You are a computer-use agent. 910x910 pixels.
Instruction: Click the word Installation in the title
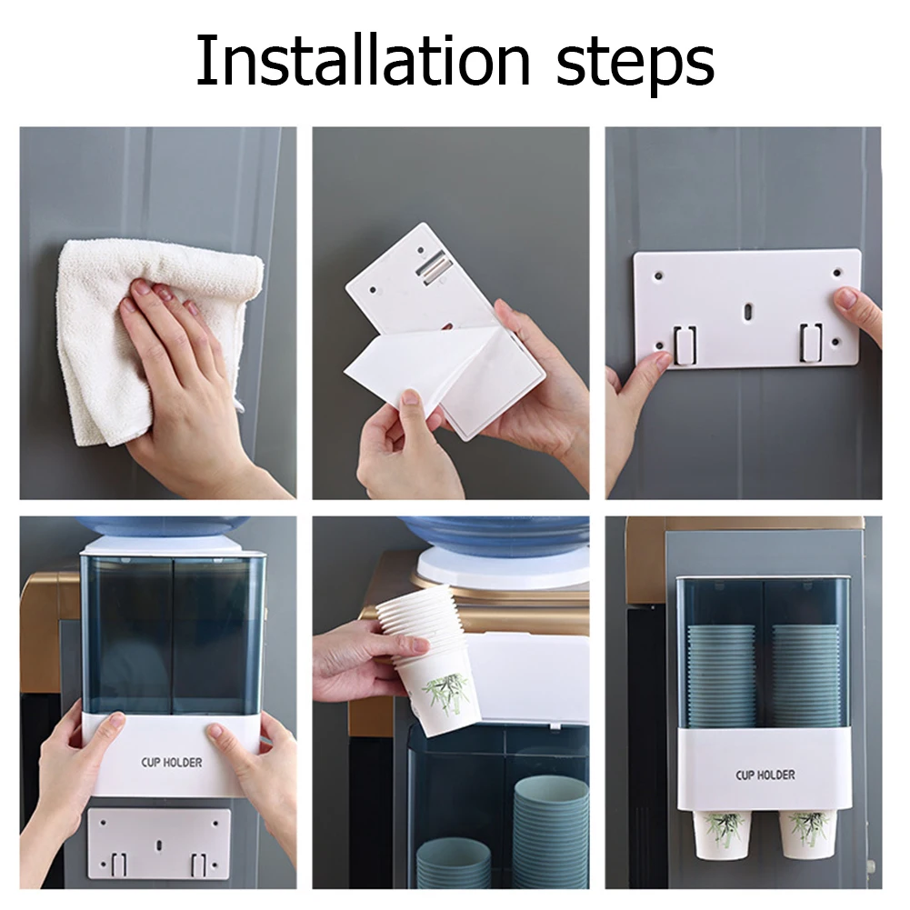tap(364, 61)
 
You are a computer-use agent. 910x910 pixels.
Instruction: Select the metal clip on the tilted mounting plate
tap(433, 267)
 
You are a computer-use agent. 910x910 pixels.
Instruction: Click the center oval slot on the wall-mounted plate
tap(747, 312)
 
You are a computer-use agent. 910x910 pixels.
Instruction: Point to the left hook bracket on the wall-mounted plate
tap(685, 345)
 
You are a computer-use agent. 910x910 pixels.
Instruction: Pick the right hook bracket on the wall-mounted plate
tap(810, 343)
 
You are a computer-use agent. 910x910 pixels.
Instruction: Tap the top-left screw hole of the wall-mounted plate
tap(658, 276)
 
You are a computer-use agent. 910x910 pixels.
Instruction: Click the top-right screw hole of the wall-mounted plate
tap(837, 272)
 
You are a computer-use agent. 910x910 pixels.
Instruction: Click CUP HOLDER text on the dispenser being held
tap(172, 762)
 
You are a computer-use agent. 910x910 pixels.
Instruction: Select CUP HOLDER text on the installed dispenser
tap(765, 775)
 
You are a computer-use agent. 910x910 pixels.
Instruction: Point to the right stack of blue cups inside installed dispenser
tap(805, 675)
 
